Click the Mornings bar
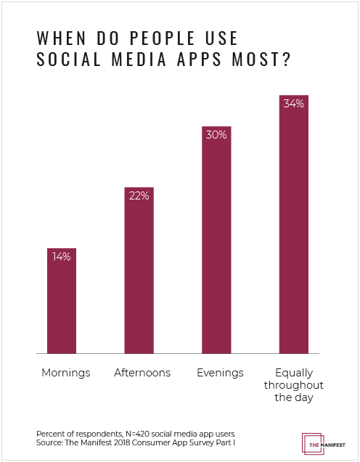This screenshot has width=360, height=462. [62, 300]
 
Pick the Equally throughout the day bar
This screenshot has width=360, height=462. [294, 224]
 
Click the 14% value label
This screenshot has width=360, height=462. [62, 256]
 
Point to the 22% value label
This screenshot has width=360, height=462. [139, 195]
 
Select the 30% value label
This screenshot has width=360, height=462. [216, 134]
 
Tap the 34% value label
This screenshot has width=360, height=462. [294, 104]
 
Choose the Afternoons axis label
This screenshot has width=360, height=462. [142, 373]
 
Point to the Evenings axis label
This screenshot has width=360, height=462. [219, 373]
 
